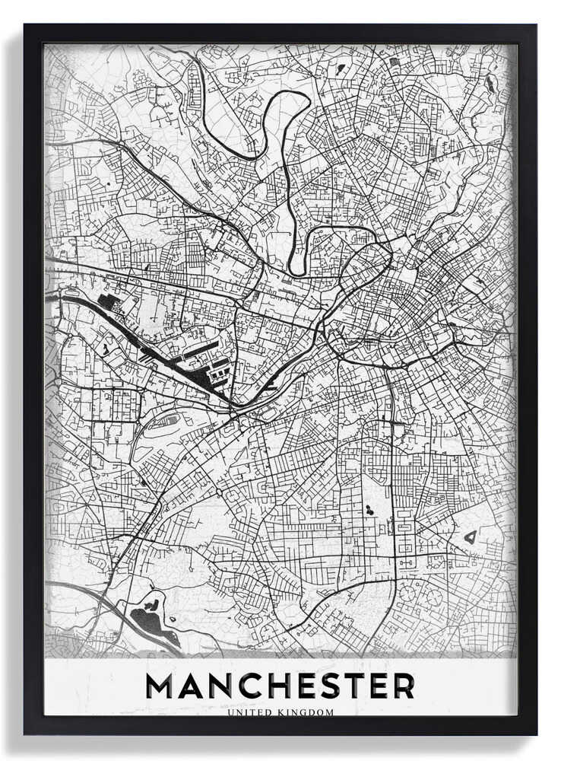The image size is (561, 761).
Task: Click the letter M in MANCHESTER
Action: click(161, 686)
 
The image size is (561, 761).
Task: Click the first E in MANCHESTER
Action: click(306, 686)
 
